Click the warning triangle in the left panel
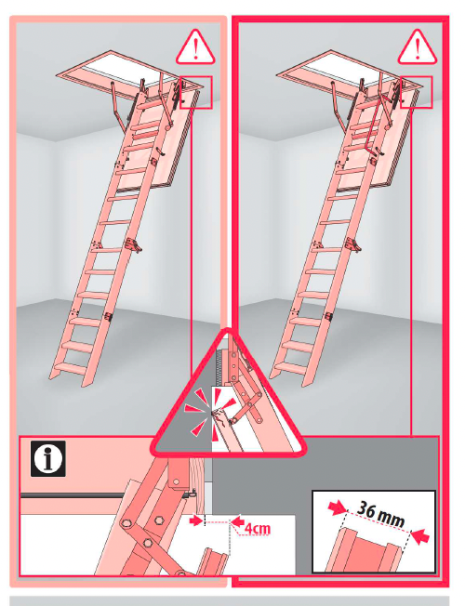tap(195, 46)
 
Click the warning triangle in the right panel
tap(418, 46)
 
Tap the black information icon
tap(48, 458)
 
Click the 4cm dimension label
tap(258, 528)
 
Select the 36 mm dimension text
tap(380, 513)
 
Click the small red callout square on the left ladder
tap(196, 92)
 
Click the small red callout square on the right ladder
tap(417, 92)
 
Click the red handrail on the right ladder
tap(370, 124)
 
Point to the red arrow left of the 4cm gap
tap(195, 521)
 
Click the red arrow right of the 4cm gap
tap(238, 520)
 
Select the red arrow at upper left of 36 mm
tap(337, 507)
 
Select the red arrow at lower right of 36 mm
tap(420, 536)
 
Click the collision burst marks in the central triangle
tap(207, 414)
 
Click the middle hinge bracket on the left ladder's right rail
tap(134, 244)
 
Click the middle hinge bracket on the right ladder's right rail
tap(353, 244)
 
